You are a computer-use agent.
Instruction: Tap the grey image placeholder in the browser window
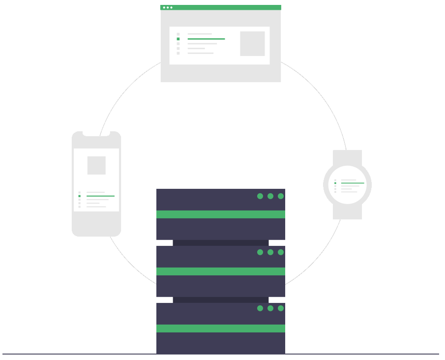pos(252,44)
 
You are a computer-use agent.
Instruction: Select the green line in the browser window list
pos(206,39)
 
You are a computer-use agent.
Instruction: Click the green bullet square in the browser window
pos(178,39)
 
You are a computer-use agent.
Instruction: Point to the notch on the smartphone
pos(96,133)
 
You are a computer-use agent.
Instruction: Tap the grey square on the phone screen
pos(96,165)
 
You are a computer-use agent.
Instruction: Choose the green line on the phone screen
pos(100,196)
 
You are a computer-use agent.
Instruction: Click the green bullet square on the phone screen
pos(79,196)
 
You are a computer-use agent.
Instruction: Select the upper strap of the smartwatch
pos(347,157)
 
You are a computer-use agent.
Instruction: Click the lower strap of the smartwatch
pos(347,212)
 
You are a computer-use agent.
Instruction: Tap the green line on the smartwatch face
pos(353,183)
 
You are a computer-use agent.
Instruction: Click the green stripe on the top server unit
pos(221,214)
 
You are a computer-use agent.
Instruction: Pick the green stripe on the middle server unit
pos(221,271)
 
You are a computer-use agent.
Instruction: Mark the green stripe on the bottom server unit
pos(221,329)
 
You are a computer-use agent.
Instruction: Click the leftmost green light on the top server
pos(260,196)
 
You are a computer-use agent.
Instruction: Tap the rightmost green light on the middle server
pos(281,252)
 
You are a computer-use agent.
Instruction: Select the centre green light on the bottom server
pos(270,308)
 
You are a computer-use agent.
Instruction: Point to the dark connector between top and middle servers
pos(221,243)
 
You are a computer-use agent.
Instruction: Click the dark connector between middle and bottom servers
pos(221,300)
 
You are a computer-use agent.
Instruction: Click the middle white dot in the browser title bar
pos(168,7)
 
